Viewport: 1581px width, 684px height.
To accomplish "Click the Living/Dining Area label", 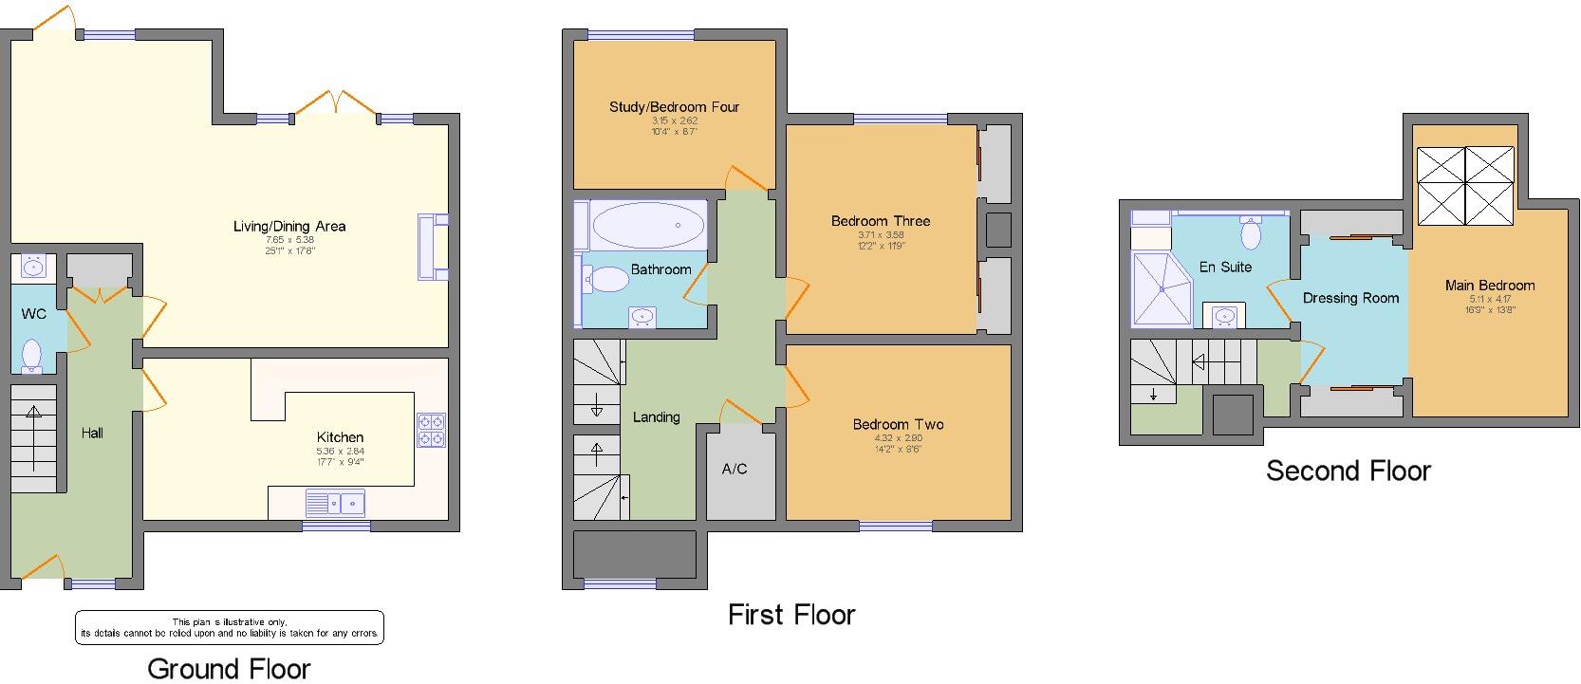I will click(x=289, y=226).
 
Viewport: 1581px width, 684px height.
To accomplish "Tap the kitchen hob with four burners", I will click(x=431, y=430).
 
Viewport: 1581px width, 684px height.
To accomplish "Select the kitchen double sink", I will click(x=336, y=502).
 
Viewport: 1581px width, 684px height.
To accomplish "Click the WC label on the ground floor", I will click(x=34, y=314).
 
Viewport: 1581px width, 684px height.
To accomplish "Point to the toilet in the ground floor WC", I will click(x=32, y=354).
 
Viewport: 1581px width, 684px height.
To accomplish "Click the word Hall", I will click(x=92, y=433).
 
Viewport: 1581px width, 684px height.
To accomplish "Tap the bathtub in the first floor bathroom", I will click(x=649, y=226).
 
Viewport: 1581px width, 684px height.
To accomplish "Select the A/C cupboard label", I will click(x=735, y=469).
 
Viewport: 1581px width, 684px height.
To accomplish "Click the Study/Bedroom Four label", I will click(x=674, y=106).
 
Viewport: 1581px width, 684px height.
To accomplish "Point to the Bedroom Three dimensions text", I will click(x=881, y=240).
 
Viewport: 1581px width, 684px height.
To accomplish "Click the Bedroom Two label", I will click(x=898, y=424).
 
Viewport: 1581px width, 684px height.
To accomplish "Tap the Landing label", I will click(x=656, y=416).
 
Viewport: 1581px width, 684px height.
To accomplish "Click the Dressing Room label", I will click(x=1350, y=298).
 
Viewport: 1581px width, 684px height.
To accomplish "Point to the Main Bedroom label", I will click(x=1489, y=285).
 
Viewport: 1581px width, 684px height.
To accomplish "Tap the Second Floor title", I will click(x=1348, y=471).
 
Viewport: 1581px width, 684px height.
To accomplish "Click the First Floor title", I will click(x=791, y=615).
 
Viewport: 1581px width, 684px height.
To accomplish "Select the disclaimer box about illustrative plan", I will click(x=230, y=627).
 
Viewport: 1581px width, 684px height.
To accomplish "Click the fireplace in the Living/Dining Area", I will click(x=432, y=247).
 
